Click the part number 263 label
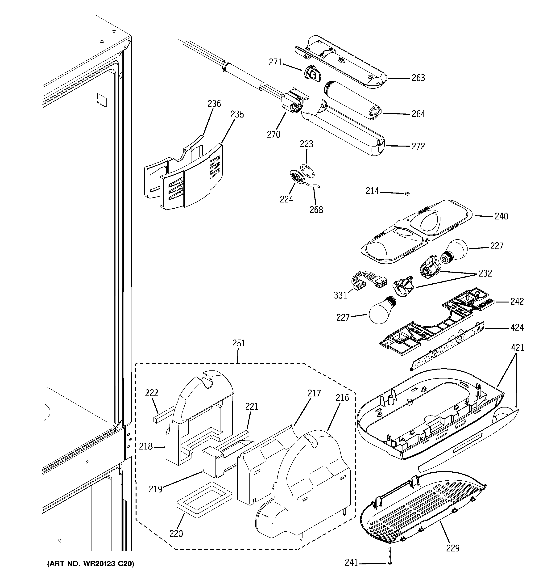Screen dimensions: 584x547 tap(418, 78)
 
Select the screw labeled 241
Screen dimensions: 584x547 tap(390, 556)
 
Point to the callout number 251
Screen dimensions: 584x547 tap(239, 343)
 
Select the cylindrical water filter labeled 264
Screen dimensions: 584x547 tap(351, 100)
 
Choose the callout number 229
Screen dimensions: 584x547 tap(453, 548)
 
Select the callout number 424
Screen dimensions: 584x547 tap(517, 327)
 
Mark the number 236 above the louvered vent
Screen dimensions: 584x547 tap(214, 104)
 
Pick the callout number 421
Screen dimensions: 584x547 tap(517, 348)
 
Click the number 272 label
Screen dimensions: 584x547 tap(418, 146)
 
